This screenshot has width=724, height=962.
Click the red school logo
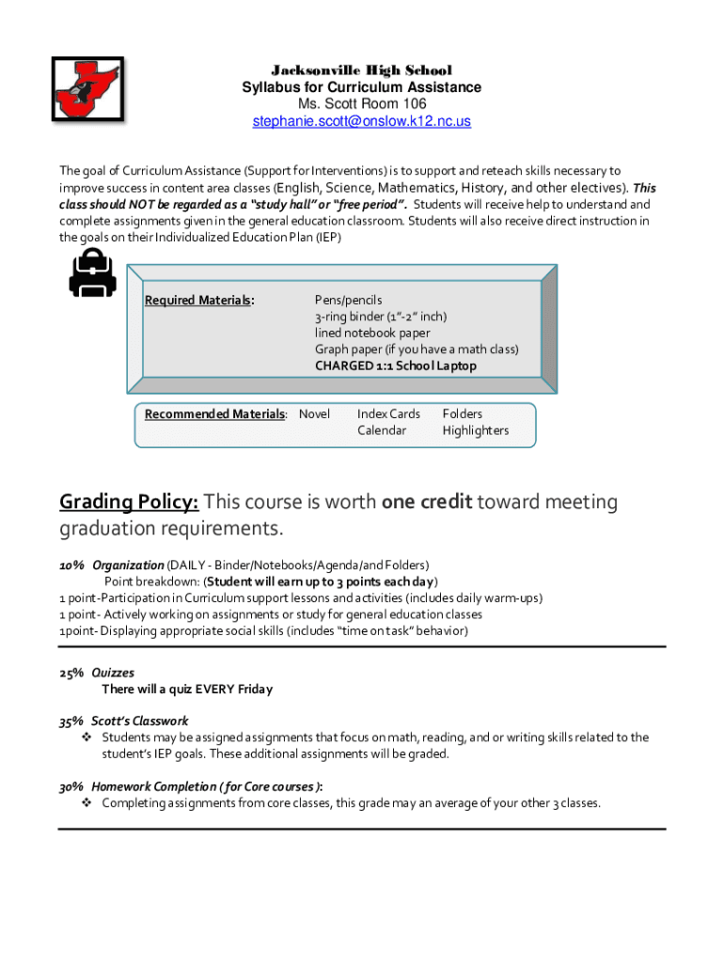pos(87,89)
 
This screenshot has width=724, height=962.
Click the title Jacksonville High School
pos(361,70)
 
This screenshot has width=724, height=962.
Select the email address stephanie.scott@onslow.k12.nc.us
pos(361,121)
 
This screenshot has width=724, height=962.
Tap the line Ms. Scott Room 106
pos(361,104)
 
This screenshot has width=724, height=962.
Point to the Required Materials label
pos(199,300)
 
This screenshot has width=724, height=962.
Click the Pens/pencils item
pos(348,300)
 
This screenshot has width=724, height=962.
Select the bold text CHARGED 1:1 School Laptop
pos(395,365)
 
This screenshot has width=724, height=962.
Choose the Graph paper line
pos(416,349)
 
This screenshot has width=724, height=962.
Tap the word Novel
pos(314,414)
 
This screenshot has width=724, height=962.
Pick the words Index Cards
pos(388,414)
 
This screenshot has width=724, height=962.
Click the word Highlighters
pos(475,430)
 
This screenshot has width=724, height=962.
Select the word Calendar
pos(381,430)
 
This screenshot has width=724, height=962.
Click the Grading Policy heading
pos(129,502)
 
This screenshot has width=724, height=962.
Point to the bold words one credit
pos(427,502)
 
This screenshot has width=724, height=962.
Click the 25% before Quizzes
pos(71,673)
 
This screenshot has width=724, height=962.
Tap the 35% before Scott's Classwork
pos(71,721)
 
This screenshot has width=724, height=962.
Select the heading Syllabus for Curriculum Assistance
pos(361,87)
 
